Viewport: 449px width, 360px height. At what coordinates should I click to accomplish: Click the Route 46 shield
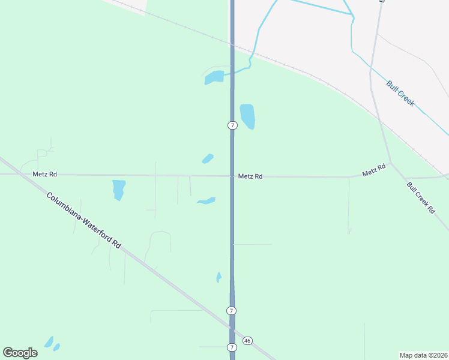click(247, 341)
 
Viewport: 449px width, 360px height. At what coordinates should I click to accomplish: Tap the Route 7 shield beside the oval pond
click(232, 125)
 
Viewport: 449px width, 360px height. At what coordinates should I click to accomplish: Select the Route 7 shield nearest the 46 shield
click(232, 347)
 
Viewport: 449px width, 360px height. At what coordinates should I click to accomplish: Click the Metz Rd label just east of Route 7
click(250, 176)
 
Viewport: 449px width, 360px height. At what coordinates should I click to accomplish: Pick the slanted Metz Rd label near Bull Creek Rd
click(374, 170)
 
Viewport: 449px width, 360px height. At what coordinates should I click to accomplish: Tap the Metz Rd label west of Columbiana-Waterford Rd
click(45, 174)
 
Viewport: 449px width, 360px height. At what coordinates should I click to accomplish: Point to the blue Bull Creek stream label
click(400, 94)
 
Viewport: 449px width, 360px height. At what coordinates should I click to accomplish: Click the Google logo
click(20, 352)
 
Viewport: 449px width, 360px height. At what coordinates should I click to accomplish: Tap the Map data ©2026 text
click(423, 355)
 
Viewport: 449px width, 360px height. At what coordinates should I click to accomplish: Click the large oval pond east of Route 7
click(247, 116)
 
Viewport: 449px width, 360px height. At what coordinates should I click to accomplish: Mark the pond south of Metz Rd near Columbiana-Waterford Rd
click(119, 190)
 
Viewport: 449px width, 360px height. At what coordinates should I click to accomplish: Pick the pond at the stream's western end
click(214, 77)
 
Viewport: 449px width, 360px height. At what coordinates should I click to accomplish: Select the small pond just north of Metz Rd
click(208, 158)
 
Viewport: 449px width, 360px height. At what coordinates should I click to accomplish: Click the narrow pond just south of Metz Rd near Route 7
click(206, 201)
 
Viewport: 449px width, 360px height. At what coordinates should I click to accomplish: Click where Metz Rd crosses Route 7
click(232, 176)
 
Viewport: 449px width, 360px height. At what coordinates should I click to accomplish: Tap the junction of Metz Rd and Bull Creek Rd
click(391, 163)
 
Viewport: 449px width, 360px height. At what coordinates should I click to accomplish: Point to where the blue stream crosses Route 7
click(232, 71)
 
